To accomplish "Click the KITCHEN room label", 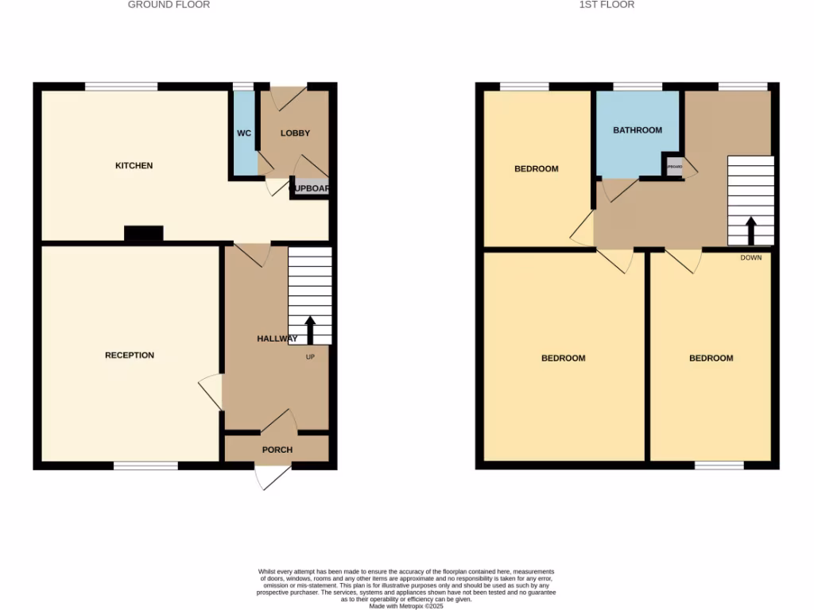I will pos(134,166).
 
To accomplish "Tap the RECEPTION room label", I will pos(130,355).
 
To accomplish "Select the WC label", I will pos(244,133).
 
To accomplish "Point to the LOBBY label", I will pos(295,133).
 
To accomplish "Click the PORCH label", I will pos(277,450).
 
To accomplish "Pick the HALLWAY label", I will pos(277,339).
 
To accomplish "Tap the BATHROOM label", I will pos(638,130).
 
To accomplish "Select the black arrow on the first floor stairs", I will pos(750,231).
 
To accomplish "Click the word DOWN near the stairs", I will pos(751,257).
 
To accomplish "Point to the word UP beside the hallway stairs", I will pos(311,357).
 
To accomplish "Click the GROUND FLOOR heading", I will pos(169,5).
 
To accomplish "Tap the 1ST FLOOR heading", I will pos(607,5).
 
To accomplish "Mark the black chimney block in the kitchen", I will pos(144,234).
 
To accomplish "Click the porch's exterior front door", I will pos(273,477).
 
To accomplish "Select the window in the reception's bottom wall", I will pos(145,465).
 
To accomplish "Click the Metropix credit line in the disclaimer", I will pos(407,605).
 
